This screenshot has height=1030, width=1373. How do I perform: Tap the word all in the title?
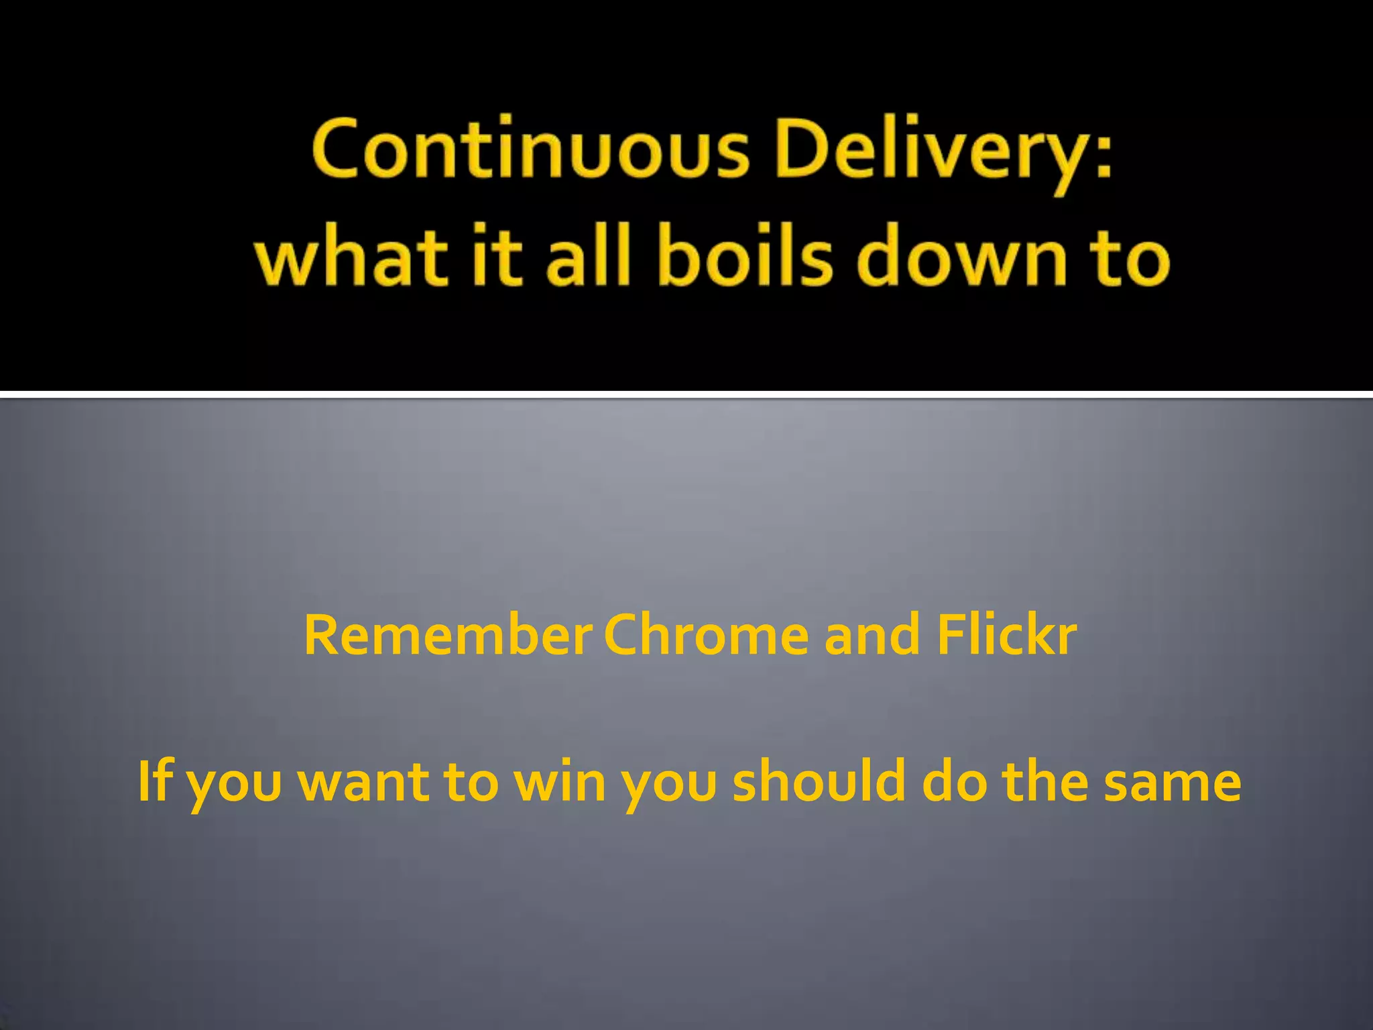coord(589,257)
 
